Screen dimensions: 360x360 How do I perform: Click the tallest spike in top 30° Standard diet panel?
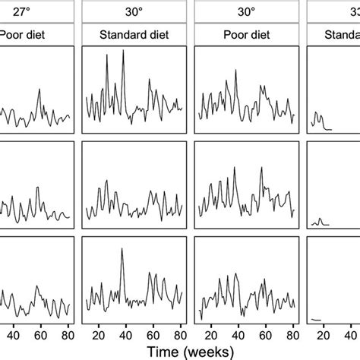pyautogui.click(x=124, y=52)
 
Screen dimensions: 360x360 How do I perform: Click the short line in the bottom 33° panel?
pyautogui.click(x=317, y=320)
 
